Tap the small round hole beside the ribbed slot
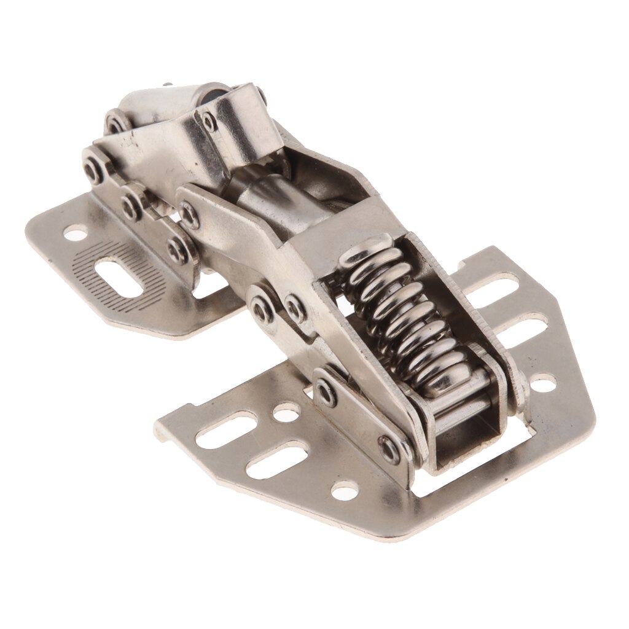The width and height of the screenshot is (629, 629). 74,233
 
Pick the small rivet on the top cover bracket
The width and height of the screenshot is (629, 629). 209,123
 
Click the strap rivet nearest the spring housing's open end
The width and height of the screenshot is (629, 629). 388,447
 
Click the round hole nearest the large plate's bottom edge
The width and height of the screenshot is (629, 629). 343,491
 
